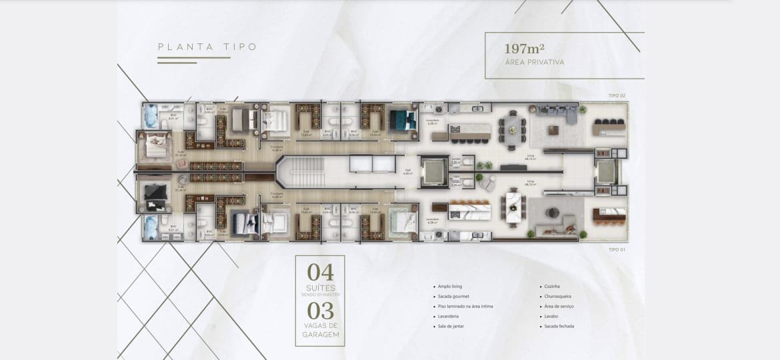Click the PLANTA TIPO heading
click(x=207, y=47)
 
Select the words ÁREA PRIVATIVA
click(x=535, y=62)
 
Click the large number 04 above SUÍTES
click(x=320, y=273)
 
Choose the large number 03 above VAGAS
click(x=320, y=311)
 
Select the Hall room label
click(x=408, y=171)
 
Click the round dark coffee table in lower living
click(x=553, y=213)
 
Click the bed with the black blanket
click(x=155, y=195)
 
